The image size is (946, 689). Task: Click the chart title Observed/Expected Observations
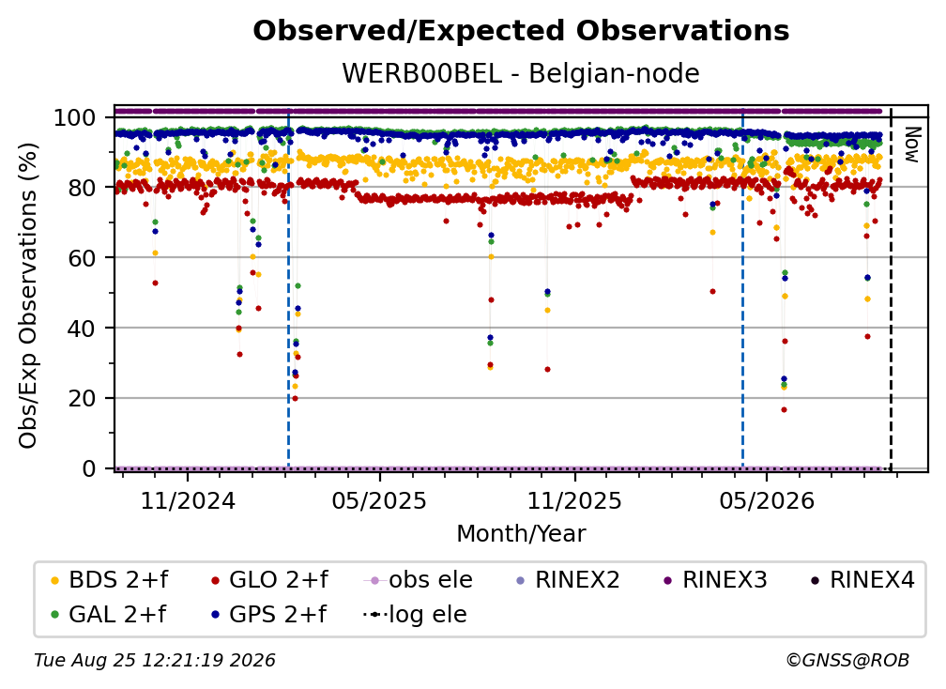pos(521,31)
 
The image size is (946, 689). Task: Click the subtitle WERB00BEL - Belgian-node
pos(521,73)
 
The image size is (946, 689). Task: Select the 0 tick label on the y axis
pos(88,468)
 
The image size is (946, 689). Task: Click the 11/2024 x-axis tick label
pos(188,500)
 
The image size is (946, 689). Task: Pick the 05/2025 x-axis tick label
pos(379,500)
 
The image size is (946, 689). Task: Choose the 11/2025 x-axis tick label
pos(574,500)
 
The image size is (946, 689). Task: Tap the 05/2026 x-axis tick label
pos(767,500)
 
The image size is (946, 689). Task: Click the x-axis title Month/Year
pos(521,534)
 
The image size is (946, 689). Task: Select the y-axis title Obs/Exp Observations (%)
pos(28,296)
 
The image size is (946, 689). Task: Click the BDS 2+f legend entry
pos(109,580)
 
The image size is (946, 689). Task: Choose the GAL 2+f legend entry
pos(108,614)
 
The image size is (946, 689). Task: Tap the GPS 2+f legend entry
pos(268,614)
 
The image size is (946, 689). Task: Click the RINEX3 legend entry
pos(715,580)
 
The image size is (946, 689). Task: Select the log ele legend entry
pos(416,614)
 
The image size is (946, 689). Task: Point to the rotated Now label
pos(911,145)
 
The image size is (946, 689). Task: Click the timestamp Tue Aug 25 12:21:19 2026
pos(155,660)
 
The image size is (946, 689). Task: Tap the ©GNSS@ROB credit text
pos(847,660)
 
